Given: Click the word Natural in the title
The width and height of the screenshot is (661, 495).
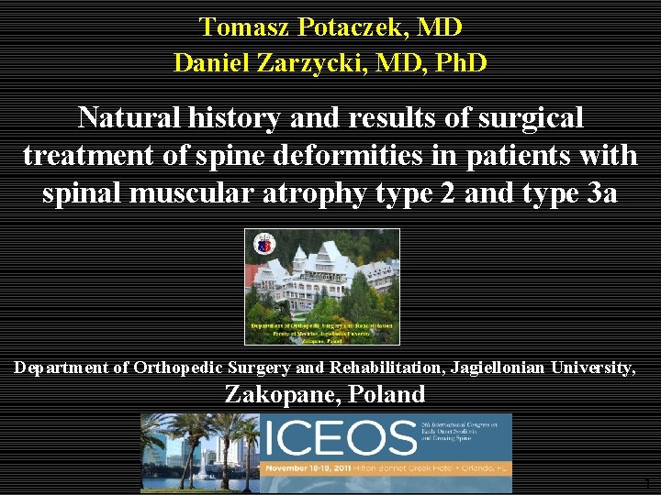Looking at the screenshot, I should click(129, 117).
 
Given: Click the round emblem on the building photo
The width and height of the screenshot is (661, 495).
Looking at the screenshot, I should click(263, 244).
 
